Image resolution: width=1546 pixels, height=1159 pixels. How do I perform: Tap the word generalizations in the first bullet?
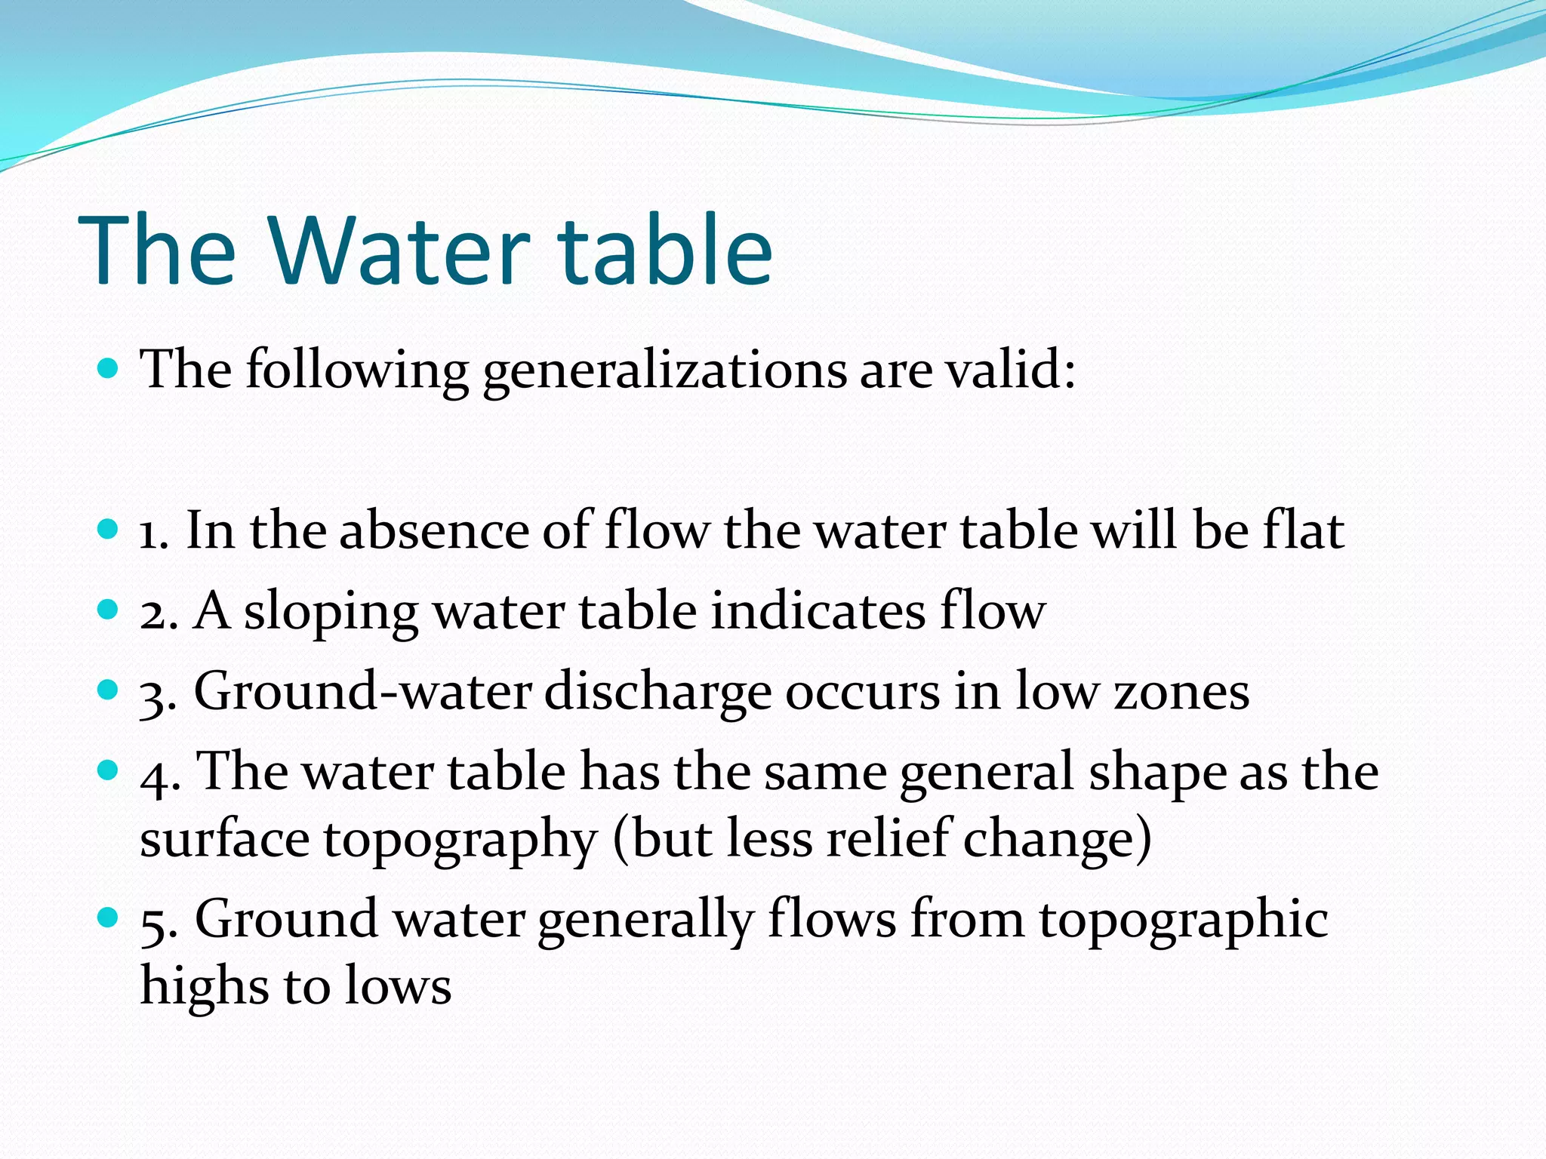click(x=664, y=371)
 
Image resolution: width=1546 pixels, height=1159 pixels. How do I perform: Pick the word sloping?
click(x=331, y=612)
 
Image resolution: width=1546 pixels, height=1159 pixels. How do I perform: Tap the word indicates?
click(x=818, y=610)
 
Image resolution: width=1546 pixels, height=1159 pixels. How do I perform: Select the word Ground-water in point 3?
click(x=362, y=690)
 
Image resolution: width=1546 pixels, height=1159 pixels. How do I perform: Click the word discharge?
click(x=658, y=692)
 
